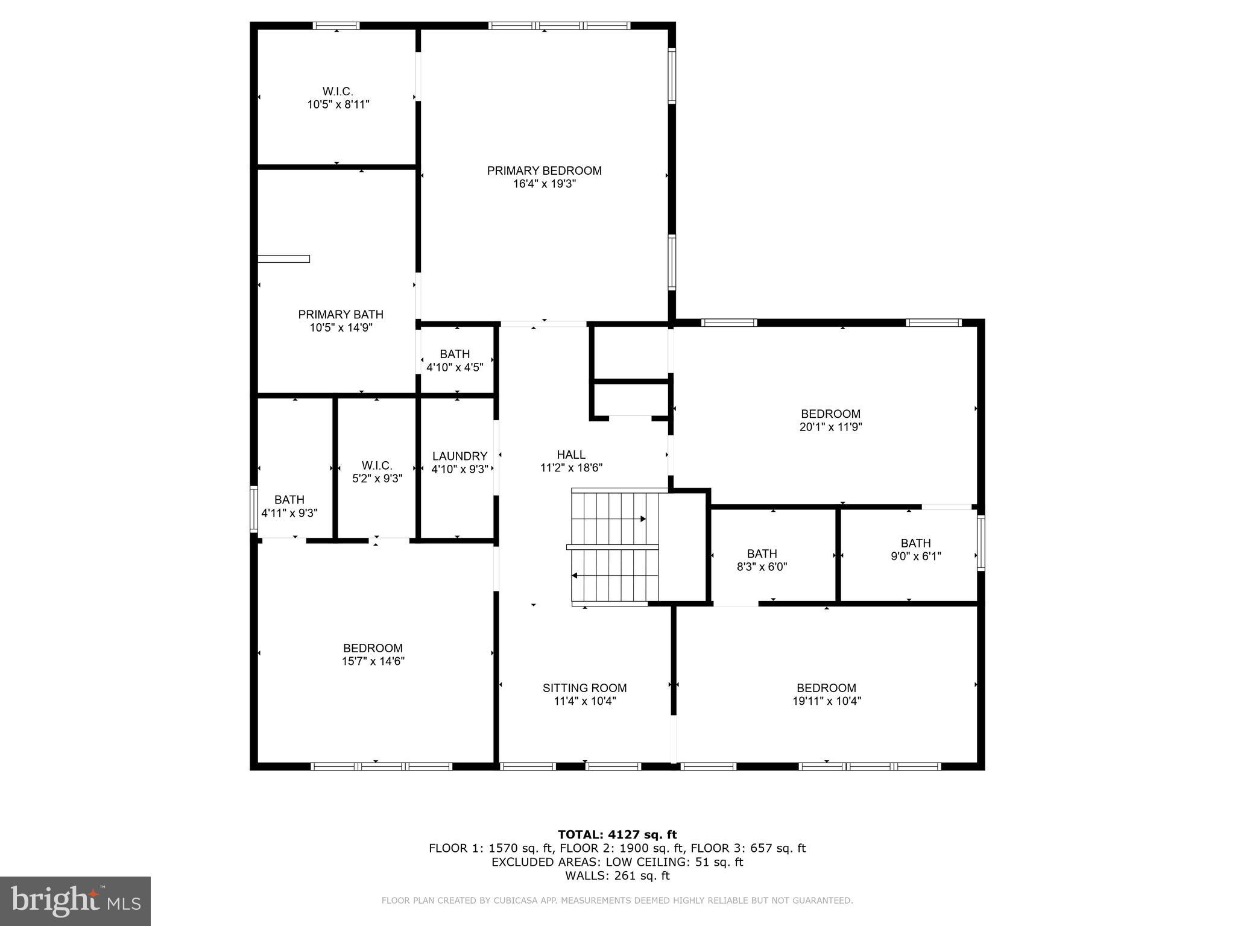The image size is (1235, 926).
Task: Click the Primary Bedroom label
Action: [x=544, y=171]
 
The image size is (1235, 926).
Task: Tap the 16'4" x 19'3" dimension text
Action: [x=544, y=184]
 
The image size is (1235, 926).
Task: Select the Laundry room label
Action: [x=460, y=456]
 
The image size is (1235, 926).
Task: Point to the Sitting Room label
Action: [x=584, y=688]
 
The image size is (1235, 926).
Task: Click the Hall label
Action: [x=570, y=455]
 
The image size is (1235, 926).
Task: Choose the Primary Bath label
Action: [x=341, y=314]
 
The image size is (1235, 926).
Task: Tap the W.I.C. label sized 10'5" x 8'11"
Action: [x=338, y=91]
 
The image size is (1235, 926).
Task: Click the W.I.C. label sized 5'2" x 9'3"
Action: [x=377, y=465]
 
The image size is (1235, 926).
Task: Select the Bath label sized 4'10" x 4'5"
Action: [x=455, y=354]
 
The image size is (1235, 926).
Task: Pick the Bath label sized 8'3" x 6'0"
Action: [x=762, y=553]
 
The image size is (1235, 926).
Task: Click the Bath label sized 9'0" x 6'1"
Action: [x=915, y=543]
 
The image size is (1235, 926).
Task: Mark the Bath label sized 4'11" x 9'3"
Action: [x=289, y=500]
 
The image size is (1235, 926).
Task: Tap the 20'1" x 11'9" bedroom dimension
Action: [x=830, y=427]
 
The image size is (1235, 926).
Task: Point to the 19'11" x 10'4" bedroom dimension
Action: [x=826, y=701]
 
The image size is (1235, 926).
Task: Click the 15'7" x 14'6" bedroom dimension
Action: [x=373, y=661]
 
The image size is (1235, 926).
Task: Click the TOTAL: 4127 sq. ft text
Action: [x=617, y=834]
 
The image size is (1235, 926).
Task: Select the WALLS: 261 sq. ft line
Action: [x=617, y=876]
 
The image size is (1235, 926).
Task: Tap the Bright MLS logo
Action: [x=75, y=901]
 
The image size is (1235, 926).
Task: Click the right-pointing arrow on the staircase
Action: [x=643, y=518]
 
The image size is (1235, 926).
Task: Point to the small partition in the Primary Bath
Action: [x=283, y=259]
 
